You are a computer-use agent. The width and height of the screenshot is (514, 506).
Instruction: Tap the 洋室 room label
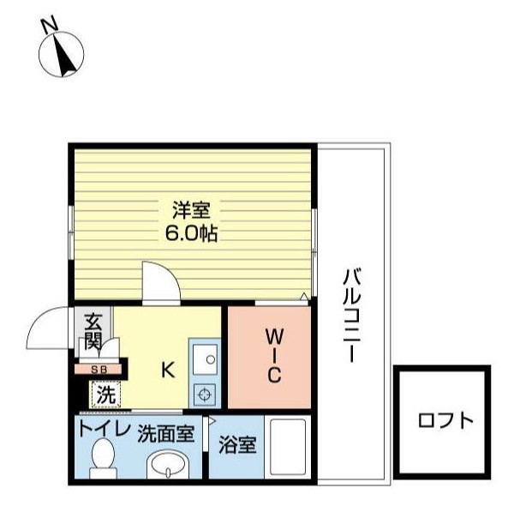194,209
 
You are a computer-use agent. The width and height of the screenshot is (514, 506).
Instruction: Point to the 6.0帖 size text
194,232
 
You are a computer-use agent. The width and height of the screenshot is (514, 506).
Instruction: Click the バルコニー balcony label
351,315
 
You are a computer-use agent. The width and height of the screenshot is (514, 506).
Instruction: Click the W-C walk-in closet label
273,353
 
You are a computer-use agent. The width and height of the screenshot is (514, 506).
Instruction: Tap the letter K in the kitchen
168,370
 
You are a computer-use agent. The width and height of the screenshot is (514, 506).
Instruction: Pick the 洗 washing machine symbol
105,395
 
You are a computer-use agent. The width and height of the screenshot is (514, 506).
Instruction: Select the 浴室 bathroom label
237,445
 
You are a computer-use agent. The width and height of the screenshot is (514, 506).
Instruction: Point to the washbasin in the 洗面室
167,467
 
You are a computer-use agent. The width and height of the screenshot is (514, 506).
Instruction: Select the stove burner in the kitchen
206,395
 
